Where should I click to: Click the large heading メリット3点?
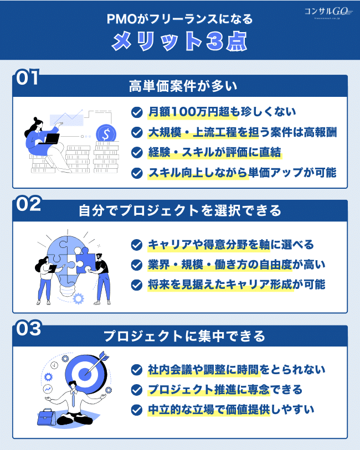coord(179,41)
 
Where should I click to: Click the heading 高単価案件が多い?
coord(183,86)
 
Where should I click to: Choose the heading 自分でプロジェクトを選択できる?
coord(183,211)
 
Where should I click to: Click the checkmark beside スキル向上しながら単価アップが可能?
coord(136,173)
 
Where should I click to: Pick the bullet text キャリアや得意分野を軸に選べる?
coord(230,244)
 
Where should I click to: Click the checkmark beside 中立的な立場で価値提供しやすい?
coord(136,410)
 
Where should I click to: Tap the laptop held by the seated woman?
coord(52,139)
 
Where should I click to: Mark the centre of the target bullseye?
coord(84,373)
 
